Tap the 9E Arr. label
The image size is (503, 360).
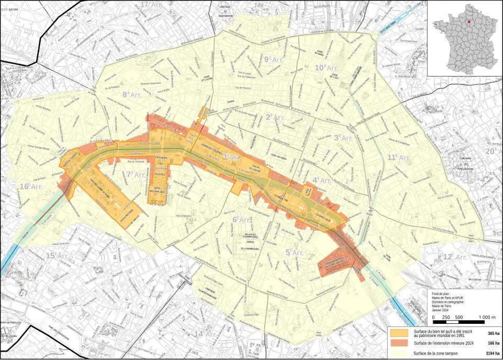tap(274, 59)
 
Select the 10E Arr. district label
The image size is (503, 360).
tap(326, 68)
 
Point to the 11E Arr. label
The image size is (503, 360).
tap(399, 157)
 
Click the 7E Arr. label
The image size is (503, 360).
tap(136, 174)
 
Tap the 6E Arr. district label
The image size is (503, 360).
tap(242, 220)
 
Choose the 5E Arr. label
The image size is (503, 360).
tap(294, 252)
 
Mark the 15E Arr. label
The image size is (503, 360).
tap(58, 256)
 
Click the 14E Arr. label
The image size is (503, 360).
tap(206, 334)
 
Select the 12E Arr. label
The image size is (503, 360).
tap(454, 257)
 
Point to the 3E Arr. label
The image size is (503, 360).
tap(345, 138)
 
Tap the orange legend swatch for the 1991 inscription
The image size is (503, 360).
tap(399, 333)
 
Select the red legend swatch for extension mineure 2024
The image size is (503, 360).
tap(399, 343)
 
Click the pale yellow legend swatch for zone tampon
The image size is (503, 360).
tap(399, 353)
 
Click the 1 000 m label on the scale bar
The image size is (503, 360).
tap(487, 318)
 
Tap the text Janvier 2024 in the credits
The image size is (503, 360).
tap(443, 310)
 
